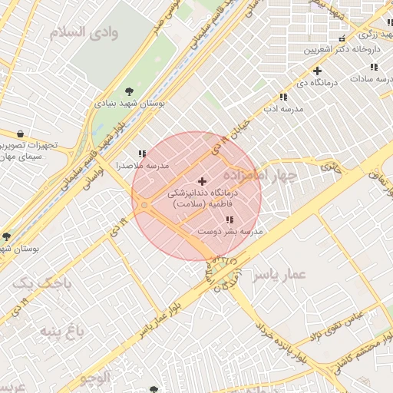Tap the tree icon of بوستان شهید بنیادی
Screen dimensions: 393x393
tap(127, 91)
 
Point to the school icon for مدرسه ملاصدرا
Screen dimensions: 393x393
tap(141, 154)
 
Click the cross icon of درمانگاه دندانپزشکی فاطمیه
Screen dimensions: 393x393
tap(202, 182)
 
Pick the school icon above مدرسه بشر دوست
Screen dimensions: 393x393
tap(229, 220)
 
